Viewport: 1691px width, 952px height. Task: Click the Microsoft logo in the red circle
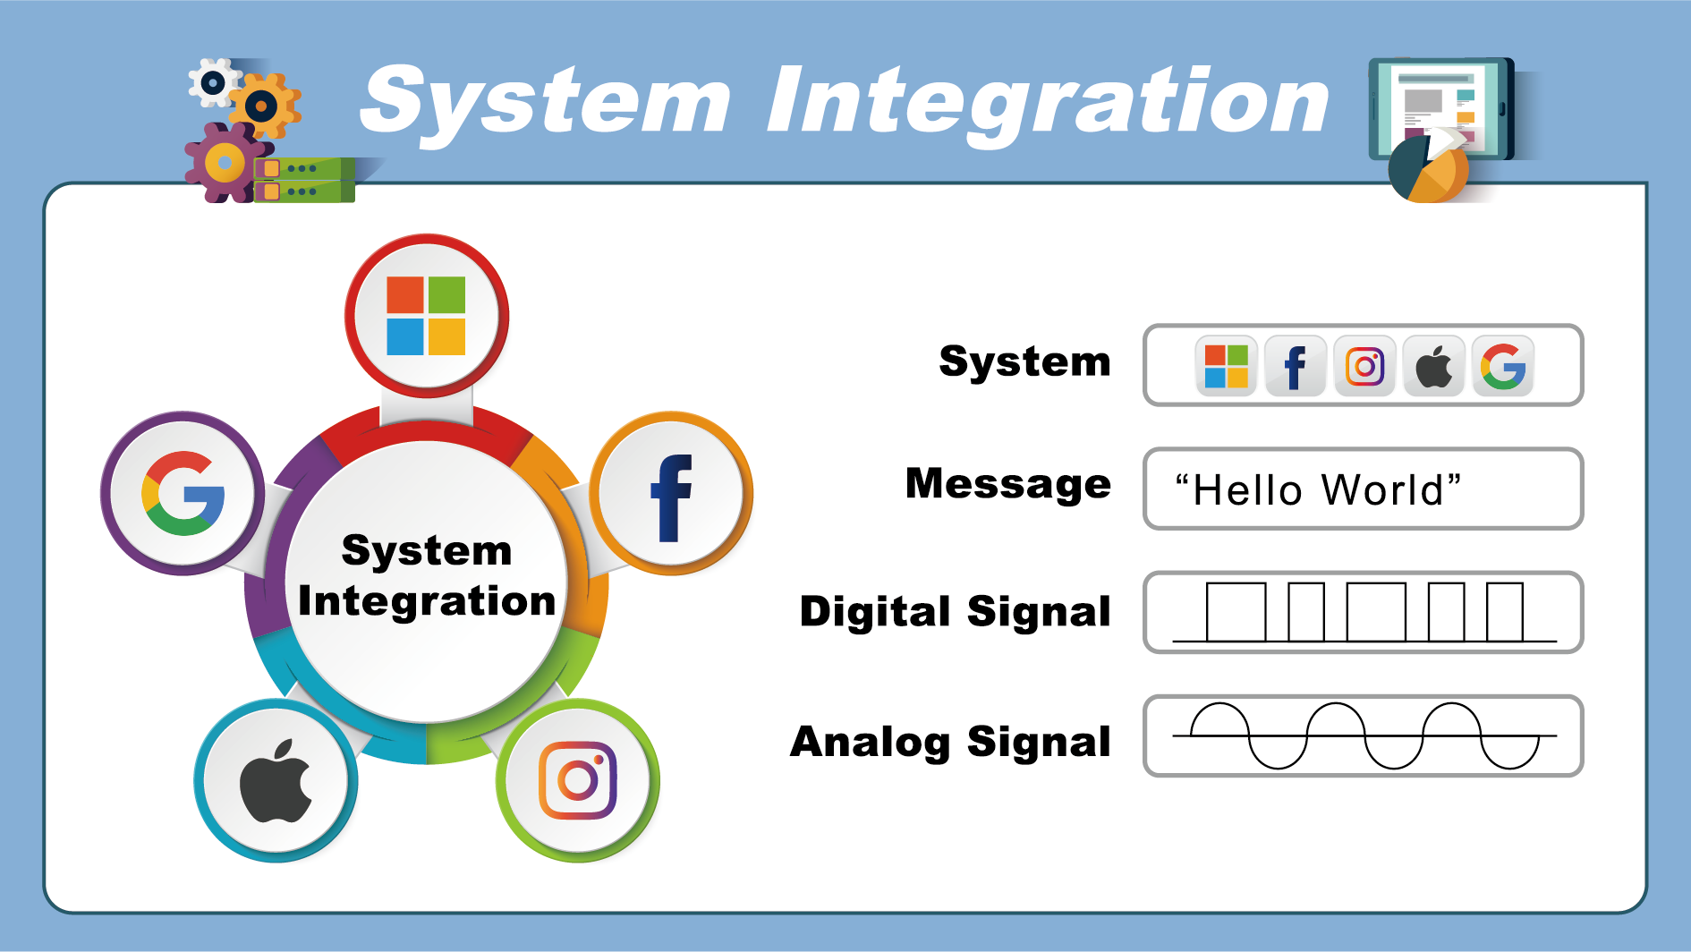426,316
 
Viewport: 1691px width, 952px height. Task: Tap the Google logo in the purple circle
183,494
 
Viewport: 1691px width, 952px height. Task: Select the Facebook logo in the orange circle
671,497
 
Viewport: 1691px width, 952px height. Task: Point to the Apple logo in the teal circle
276,781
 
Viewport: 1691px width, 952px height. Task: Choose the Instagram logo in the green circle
578,780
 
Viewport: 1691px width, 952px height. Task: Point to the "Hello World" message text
1318,490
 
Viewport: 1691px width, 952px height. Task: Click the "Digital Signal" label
955,612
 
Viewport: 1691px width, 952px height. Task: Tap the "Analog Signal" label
950,742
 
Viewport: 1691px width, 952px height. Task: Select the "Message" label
1008,484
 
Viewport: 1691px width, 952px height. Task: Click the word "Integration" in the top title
1048,104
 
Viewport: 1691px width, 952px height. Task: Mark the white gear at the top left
213,83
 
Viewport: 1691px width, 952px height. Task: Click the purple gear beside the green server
224,164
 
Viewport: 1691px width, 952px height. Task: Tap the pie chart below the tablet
1428,171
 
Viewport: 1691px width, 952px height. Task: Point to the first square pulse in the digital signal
1236,612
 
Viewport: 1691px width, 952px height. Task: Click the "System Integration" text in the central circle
427,575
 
